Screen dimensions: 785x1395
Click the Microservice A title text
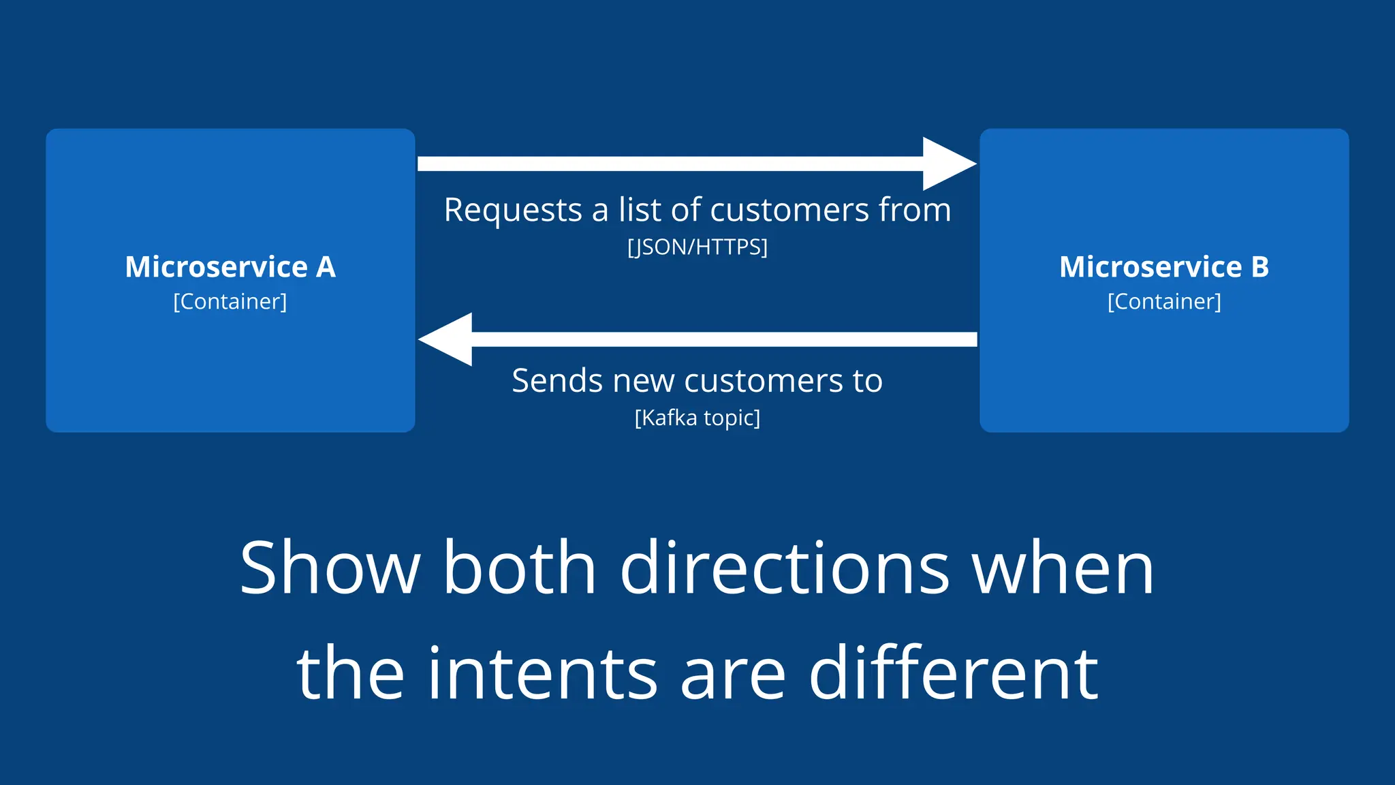coord(230,266)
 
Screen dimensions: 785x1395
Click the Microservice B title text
coord(1164,266)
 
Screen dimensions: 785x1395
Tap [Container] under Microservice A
coord(230,301)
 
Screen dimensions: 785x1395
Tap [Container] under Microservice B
coord(1164,301)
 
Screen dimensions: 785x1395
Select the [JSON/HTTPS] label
coord(697,247)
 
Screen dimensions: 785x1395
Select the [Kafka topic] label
coord(697,417)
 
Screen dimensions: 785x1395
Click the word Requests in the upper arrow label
coord(512,210)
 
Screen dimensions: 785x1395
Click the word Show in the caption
coord(330,568)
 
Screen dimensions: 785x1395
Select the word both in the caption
coord(520,568)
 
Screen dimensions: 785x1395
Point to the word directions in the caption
coord(785,568)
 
